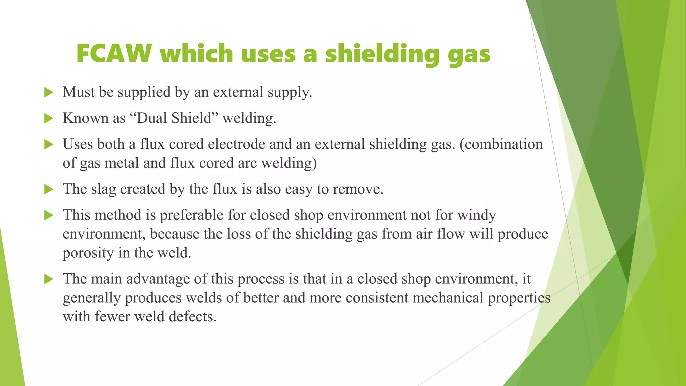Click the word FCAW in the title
[x=114, y=54]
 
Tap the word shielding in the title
[x=382, y=54]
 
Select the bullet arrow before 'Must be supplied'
[x=49, y=92]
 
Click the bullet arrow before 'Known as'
[x=49, y=118]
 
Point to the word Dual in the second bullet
[x=152, y=118]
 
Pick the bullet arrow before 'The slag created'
[x=49, y=189]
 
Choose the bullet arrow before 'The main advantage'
[x=49, y=279]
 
